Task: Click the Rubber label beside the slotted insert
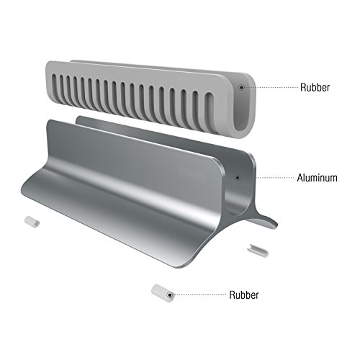point(315,87)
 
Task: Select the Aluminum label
point(317,178)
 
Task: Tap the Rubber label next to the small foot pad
point(244,294)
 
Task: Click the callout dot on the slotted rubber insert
point(241,87)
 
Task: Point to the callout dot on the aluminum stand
point(238,178)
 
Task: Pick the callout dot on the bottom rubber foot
point(170,294)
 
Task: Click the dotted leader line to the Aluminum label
point(275,178)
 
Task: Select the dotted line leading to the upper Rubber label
point(271,87)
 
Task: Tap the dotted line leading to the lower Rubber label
point(199,294)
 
